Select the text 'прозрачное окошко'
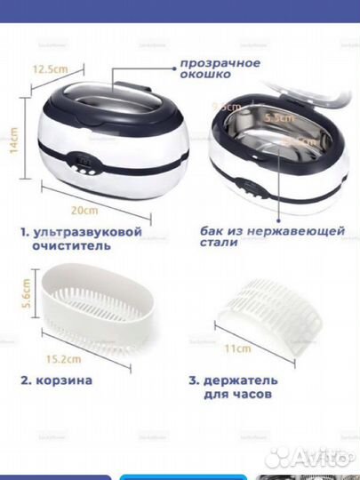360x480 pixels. pyautogui.click(x=220, y=69)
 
